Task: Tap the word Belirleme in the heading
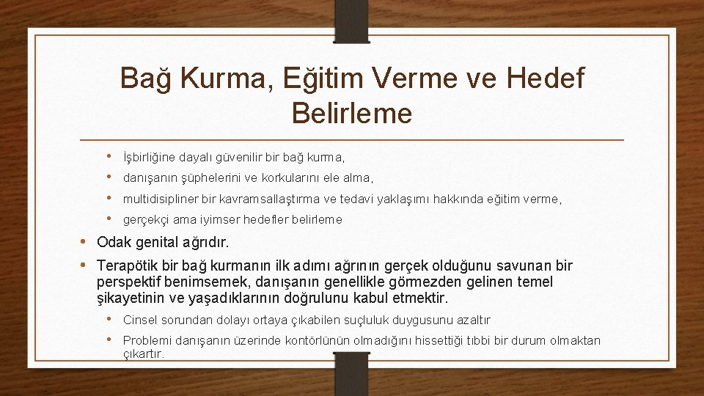click(352, 113)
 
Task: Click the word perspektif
click(131, 282)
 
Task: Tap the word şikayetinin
click(134, 298)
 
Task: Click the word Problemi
click(146, 340)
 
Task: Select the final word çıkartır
click(143, 353)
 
